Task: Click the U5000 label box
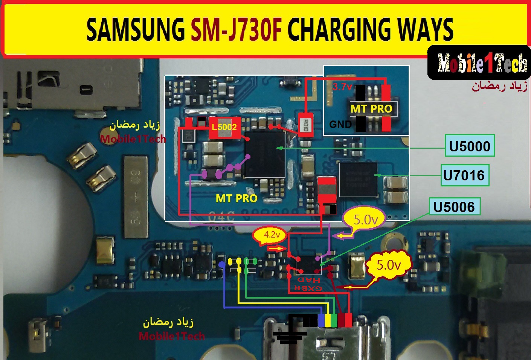click(x=469, y=146)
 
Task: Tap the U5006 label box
click(x=454, y=206)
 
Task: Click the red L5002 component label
click(x=224, y=127)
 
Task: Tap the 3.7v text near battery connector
click(x=342, y=87)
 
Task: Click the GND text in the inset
click(x=340, y=124)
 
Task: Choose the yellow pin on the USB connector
click(x=328, y=320)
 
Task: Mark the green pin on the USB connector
click(x=334, y=320)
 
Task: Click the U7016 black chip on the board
click(x=358, y=180)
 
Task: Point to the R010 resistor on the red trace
click(x=304, y=123)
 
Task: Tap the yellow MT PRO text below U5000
click(x=236, y=198)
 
